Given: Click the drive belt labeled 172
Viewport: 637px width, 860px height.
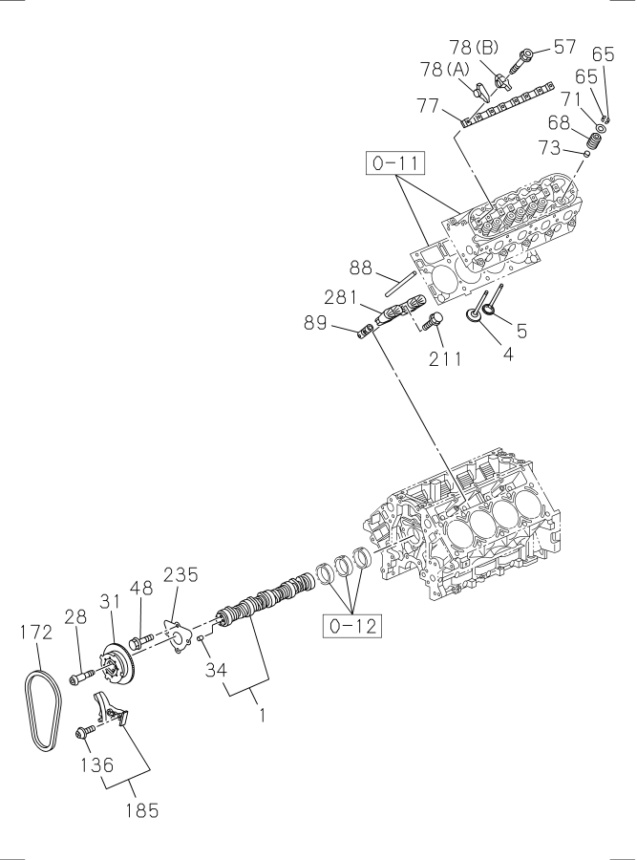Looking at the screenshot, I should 42,697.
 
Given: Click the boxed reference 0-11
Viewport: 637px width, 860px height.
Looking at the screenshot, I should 393,164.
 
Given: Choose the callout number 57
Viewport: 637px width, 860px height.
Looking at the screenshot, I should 564,46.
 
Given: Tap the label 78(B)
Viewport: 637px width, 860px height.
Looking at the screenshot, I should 476,47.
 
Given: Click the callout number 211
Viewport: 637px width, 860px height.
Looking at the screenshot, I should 445,359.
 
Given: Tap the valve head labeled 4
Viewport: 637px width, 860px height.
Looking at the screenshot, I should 475,313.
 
